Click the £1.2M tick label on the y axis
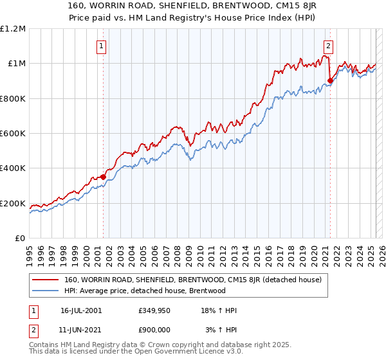pos(13,28)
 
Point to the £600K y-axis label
pos(13,134)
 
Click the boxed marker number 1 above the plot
pos(102,46)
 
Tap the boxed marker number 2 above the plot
pos(329,46)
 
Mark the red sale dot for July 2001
pos(103,177)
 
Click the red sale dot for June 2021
pos(330,80)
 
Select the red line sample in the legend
pos(46,280)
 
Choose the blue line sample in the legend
pos(46,291)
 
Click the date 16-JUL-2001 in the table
pos(80,310)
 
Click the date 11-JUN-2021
pos(80,329)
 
